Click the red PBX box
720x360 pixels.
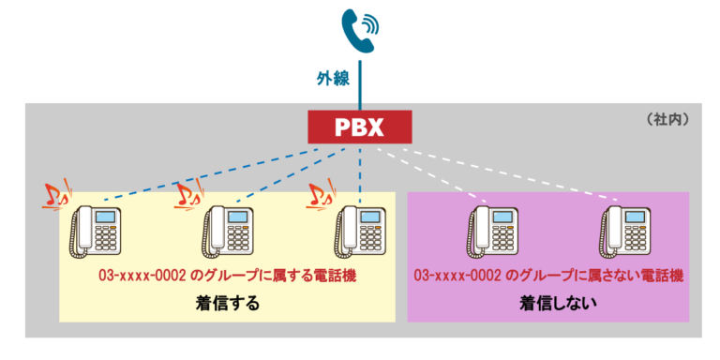(x=359, y=127)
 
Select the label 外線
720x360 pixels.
(x=331, y=79)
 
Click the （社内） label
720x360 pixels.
(x=667, y=120)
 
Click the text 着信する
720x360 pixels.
(x=228, y=304)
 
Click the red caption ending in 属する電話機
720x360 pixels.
(x=228, y=277)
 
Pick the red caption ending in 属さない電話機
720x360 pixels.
(x=548, y=277)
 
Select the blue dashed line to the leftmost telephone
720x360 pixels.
(x=206, y=173)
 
